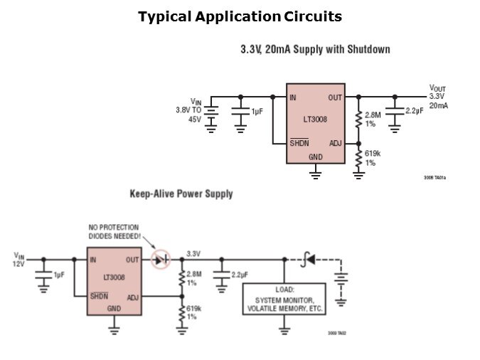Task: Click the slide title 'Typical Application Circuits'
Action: pos(240,16)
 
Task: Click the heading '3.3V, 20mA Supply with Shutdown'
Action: pos(315,50)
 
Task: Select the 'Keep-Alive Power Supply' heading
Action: pos(181,194)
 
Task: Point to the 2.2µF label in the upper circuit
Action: pos(415,111)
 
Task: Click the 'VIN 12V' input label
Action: pos(18,259)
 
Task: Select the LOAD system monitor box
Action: pos(284,300)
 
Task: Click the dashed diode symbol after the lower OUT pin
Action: pos(162,260)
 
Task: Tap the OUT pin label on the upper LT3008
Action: pos(335,97)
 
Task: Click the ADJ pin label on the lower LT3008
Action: pos(132,297)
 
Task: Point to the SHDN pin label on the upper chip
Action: pos(299,144)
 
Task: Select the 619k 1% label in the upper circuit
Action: pos(370,158)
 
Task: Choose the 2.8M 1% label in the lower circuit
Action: pos(194,277)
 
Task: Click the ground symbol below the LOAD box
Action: pos(284,327)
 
